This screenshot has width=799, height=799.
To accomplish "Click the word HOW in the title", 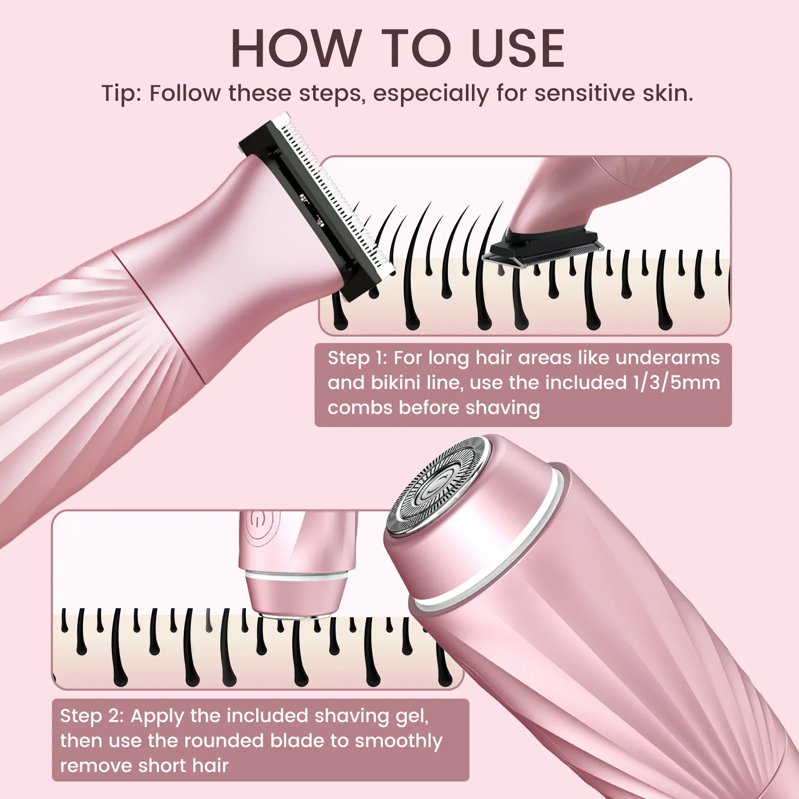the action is pos(295,48).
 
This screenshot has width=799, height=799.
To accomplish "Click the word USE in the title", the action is pos(517,48).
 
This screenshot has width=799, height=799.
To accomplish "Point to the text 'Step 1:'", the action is pos(358,358).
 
